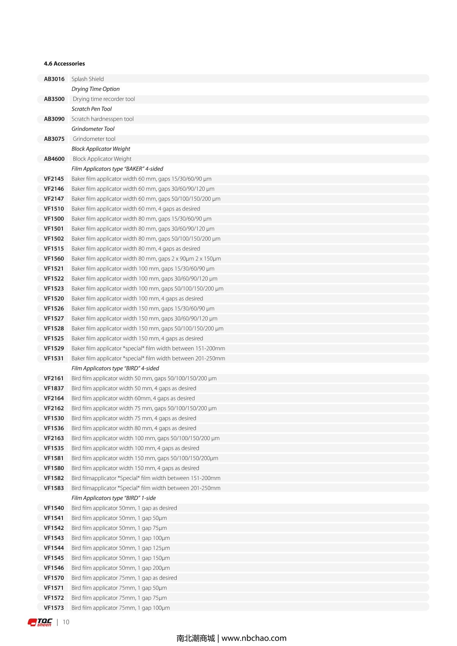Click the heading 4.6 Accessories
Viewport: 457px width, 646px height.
(x=64, y=64)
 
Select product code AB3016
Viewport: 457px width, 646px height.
(x=54, y=79)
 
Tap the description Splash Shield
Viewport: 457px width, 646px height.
(x=88, y=79)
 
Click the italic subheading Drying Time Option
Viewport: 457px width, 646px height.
(x=96, y=89)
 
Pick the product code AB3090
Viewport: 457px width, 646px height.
(x=54, y=119)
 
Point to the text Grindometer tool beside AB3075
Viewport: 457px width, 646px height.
(x=94, y=139)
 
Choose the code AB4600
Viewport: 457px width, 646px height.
(x=54, y=159)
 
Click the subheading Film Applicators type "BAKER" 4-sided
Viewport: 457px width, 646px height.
(x=117, y=169)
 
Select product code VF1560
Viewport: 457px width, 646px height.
(x=54, y=258)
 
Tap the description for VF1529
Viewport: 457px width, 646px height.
(x=148, y=348)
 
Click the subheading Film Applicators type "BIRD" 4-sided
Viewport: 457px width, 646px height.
(x=115, y=368)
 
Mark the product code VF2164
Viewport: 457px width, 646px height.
(x=54, y=398)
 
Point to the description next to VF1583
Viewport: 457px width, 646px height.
(x=146, y=488)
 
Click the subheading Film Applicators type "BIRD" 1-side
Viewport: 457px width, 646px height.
(x=113, y=498)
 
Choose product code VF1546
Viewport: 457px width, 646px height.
(x=54, y=568)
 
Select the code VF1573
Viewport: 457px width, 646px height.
(x=54, y=608)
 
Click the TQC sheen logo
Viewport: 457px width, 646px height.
(x=40, y=622)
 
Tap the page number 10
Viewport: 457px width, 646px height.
(x=66, y=622)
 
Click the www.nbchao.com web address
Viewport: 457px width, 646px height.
(x=254, y=638)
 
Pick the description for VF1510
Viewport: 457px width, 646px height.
(x=136, y=209)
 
